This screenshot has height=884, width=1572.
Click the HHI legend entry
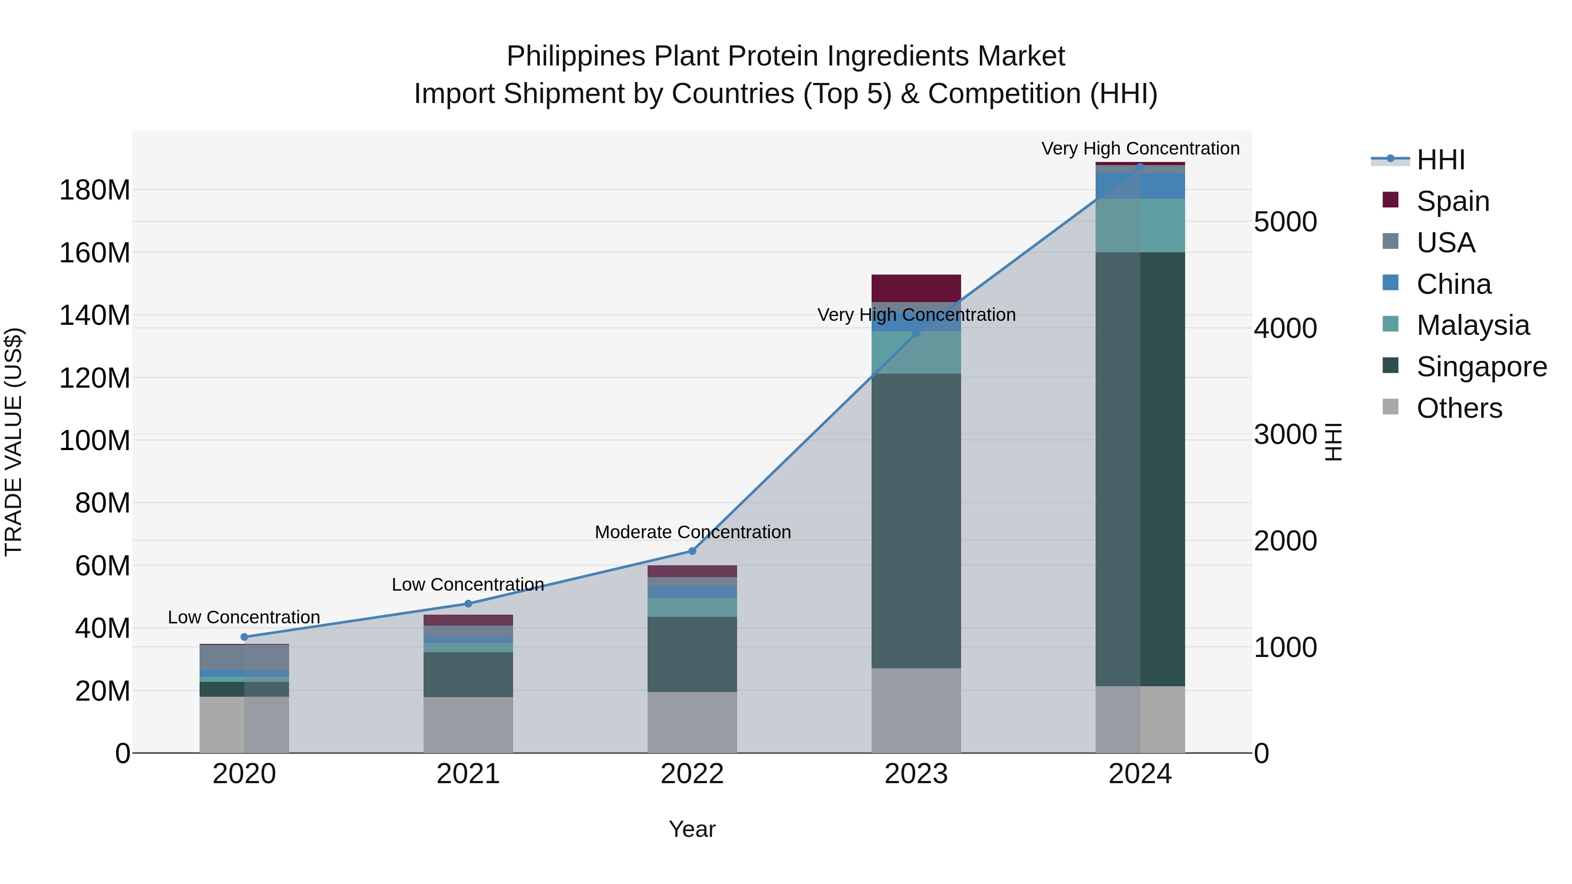click(x=1440, y=160)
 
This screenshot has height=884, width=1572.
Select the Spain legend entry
click(x=1452, y=201)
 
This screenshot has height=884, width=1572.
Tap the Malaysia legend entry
click(x=1472, y=325)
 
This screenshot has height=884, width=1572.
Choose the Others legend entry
click(x=1459, y=408)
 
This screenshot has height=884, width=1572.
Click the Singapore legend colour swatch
click(x=1390, y=365)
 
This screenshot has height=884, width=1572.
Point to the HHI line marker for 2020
click(x=244, y=637)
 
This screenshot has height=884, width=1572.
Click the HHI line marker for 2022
click(x=692, y=551)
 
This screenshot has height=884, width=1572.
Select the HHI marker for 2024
click(x=1140, y=167)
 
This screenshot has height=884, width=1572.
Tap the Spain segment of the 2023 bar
click(x=916, y=288)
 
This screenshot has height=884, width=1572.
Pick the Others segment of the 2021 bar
click(x=468, y=725)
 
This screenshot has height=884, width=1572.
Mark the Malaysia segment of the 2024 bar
click(x=1140, y=225)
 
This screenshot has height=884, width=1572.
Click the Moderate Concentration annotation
click(x=693, y=532)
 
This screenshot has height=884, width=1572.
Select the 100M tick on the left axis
click(x=95, y=440)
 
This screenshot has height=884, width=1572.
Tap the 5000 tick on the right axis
click(x=1285, y=222)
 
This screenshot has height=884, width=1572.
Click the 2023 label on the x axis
click(x=916, y=774)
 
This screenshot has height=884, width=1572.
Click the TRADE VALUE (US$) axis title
click(x=14, y=442)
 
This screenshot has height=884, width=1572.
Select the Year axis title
click(x=692, y=829)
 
